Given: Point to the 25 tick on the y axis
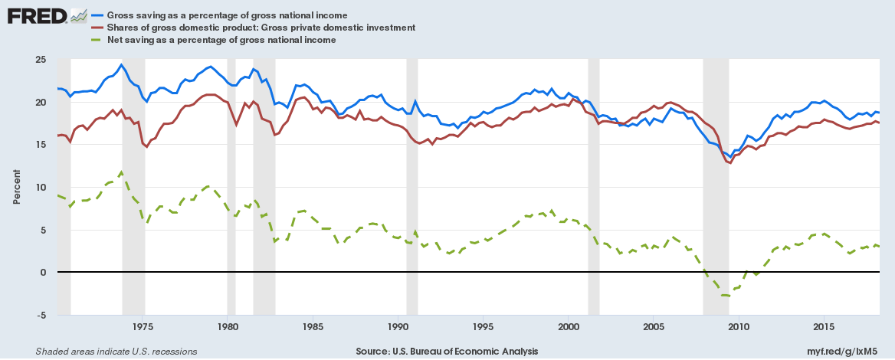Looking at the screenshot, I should pyautogui.click(x=41, y=60).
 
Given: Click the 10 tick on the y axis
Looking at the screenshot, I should pyautogui.click(x=41, y=188).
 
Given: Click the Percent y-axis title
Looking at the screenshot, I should pyautogui.click(x=16, y=188).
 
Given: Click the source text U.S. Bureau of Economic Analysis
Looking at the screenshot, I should pyautogui.click(x=447, y=352).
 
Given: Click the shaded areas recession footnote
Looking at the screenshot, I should pyautogui.click(x=116, y=352).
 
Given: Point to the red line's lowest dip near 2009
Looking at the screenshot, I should pyautogui.click(x=730, y=162).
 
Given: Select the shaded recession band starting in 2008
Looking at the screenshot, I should pyautogui.click(x=716, y=230).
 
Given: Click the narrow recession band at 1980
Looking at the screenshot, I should pyautogui.click(x=231, y=230).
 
